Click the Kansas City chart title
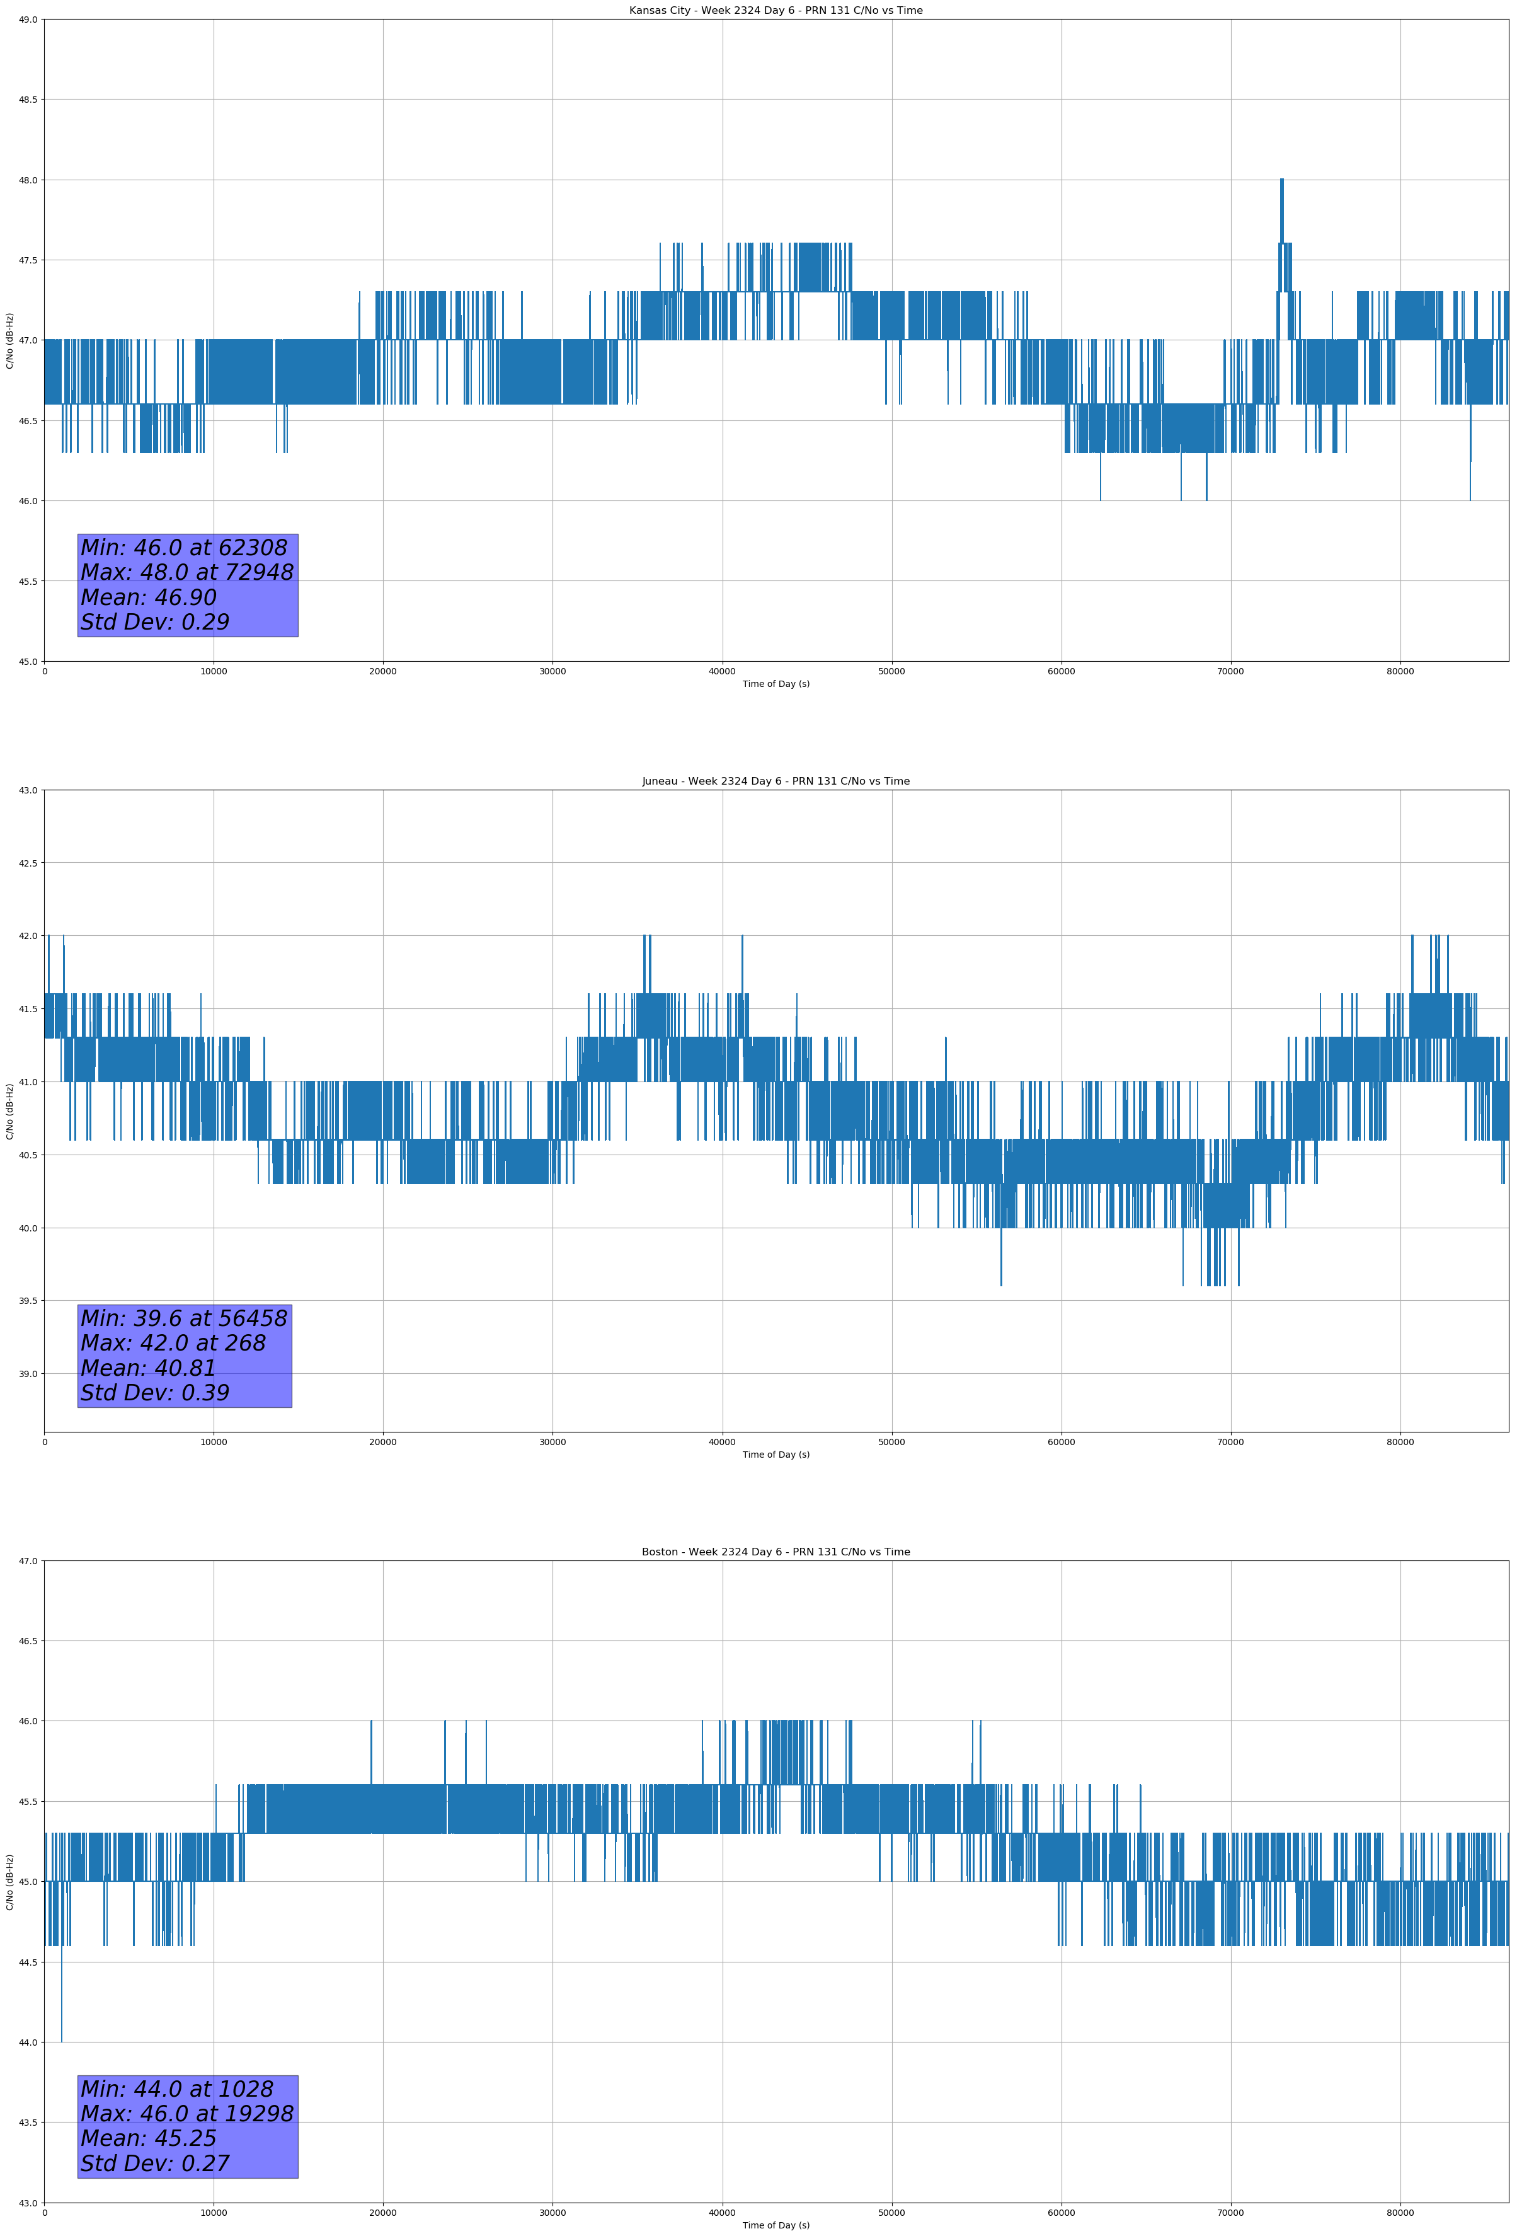pos(776,11)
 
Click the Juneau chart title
pos(776,781)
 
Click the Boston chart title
pos(776,1552)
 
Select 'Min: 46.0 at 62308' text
pos(184,548)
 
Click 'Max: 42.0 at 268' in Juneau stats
pos(173,1343)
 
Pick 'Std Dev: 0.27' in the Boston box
pos(155,2164)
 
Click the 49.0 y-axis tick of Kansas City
pos(28,20)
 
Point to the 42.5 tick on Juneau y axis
pos(28,863)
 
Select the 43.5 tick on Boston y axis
pos(28,2123)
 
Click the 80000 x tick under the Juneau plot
pos(1400,1442)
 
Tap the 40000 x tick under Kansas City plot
pos(721,672)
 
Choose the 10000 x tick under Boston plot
pos(214,2213)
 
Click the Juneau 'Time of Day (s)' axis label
pos(776,1455)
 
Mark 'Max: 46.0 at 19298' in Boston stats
pos(186,2114)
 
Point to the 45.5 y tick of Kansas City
pos(28,581)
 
